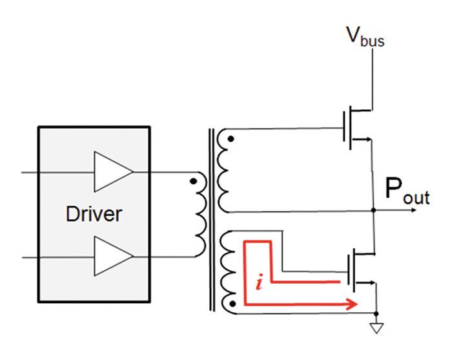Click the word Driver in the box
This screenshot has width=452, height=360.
point(94,214)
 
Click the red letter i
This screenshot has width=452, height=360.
point(258,284)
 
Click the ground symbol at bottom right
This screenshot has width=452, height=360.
point(375,328)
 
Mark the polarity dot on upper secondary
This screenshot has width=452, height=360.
point(231,138)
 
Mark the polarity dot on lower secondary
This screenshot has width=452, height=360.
point(231,302)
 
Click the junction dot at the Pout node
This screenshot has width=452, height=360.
point(375,210)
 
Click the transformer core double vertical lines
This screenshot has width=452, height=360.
point(211,220)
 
